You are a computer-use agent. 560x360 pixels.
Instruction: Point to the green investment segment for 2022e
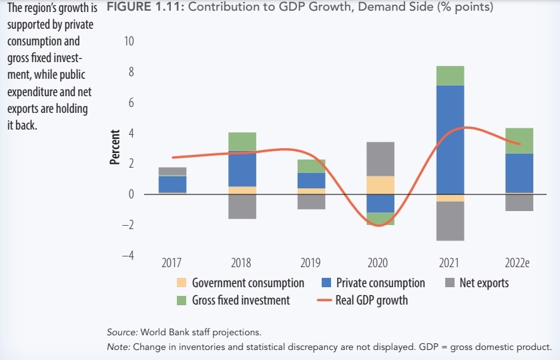(519, 140)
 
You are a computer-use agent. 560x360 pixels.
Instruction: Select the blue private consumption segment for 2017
(173, 184)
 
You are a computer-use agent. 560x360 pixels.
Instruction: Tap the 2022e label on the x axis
(519, 263)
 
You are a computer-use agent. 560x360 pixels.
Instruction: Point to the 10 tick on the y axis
(129, 41)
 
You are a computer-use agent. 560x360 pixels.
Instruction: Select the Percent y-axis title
(115, 148)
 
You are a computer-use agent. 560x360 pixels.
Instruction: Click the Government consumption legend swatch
(182, 283)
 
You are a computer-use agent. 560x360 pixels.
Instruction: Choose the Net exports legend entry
(484, 283)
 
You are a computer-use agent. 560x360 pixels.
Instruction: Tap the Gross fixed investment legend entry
(241, 301)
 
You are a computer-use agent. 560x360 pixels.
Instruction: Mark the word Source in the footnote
(121, 332)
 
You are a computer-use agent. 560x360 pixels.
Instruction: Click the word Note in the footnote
(118, 347)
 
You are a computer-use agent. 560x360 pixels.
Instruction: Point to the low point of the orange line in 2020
(378, 226)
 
